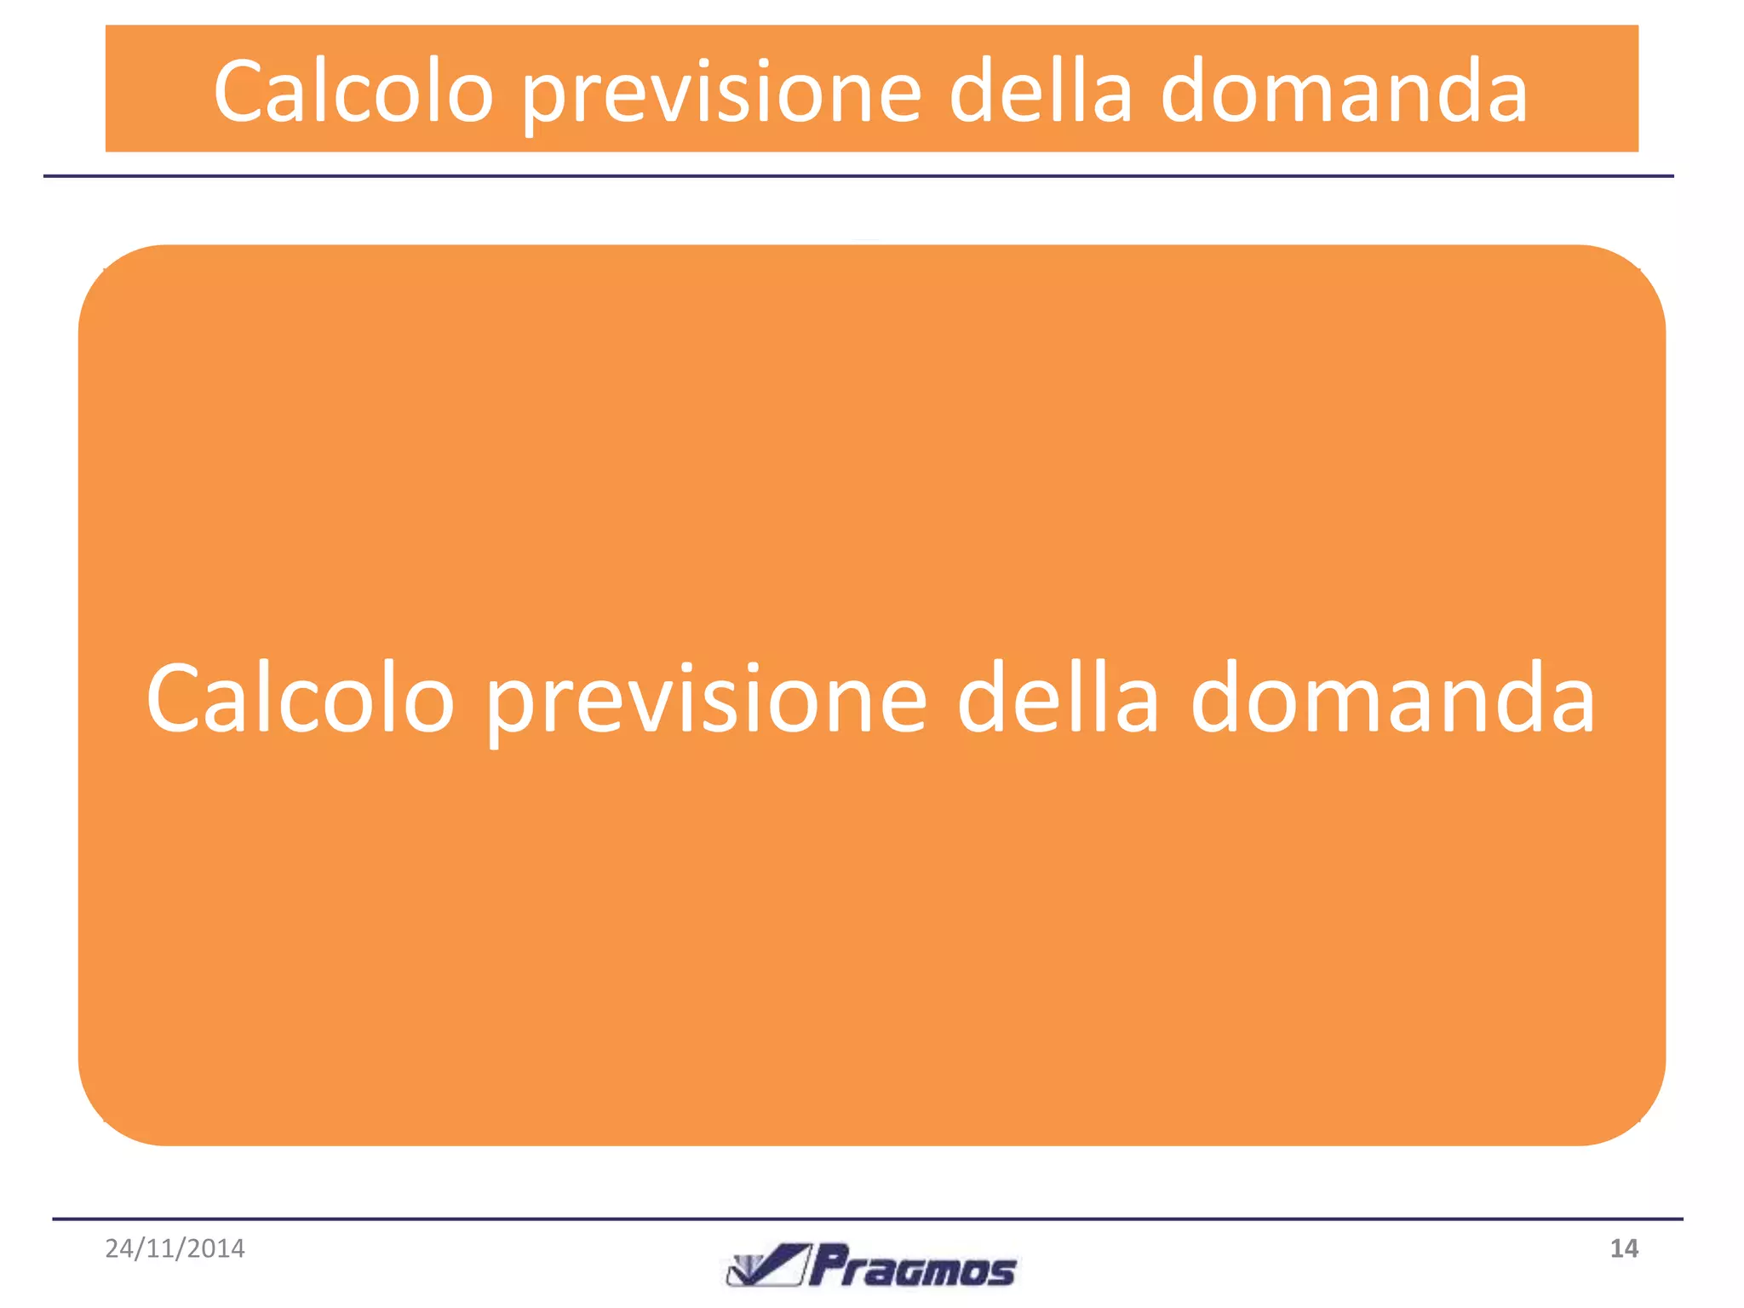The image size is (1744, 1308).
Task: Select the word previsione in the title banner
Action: tap(722, 94)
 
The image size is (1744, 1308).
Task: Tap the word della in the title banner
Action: tap(1041, 89)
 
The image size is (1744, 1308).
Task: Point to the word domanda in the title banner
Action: tap(1344, 91)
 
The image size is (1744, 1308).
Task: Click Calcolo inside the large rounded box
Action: tap(300, 698)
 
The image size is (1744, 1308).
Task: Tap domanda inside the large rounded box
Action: tap(1392, 698)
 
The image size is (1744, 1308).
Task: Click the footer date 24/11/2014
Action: tap(175, 1248)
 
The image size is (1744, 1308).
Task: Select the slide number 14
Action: tap(1623, 1248)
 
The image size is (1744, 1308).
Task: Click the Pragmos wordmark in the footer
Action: tap(912, 1267)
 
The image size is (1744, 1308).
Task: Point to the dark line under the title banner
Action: tap(858, 176)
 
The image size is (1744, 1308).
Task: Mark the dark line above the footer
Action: tap(867, 1219)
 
